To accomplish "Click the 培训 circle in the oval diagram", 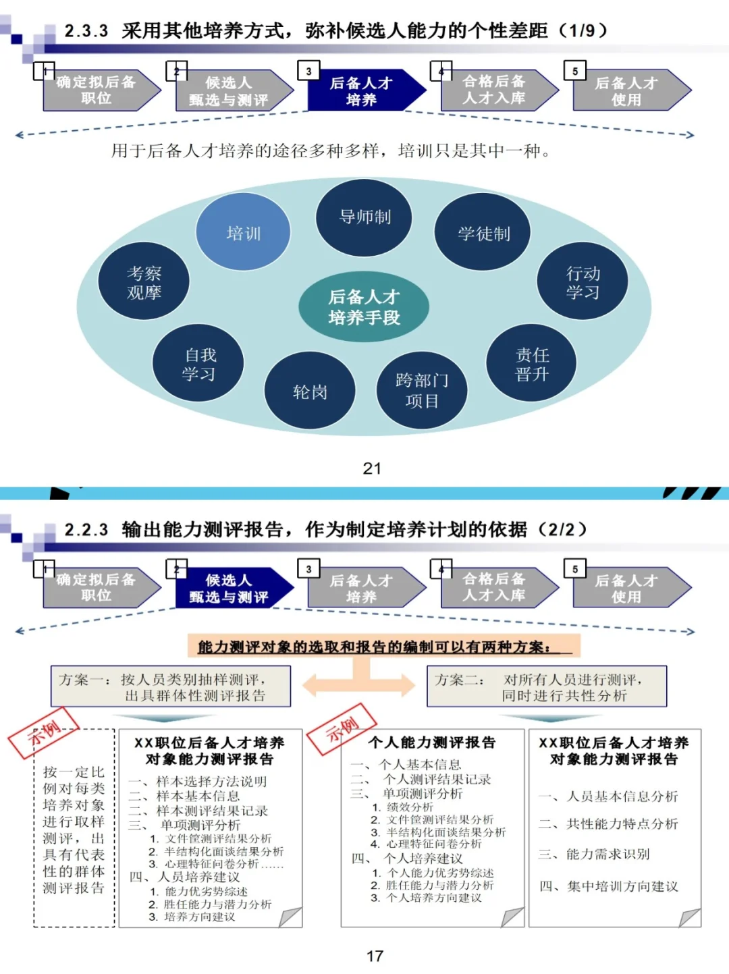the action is (x=243, y=233).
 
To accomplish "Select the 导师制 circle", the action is (x=364, y=217).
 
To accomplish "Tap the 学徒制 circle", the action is (x=483, y=234).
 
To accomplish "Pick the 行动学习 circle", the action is (x=583, y=282).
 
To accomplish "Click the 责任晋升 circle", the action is (x=532, y=364).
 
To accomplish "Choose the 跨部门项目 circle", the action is (x=422, y=390).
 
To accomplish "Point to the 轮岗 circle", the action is (x=310, y=391).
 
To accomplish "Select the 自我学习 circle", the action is (x=198, y=364).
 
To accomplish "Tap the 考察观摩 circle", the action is (x=144, y=282).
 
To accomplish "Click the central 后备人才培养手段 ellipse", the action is (x=364, y=307).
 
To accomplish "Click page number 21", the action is (x=372, y=468).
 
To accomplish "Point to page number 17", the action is (x=375, y=956).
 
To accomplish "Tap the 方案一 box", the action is (x=171, y=686).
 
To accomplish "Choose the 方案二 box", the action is (x=547, y=686).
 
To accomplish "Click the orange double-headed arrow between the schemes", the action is (x=358, y=684).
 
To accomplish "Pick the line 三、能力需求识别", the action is (x=594, y=854).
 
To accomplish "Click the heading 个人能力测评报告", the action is (x=432, y=742).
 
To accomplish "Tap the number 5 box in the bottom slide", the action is (x=575, y=569).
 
